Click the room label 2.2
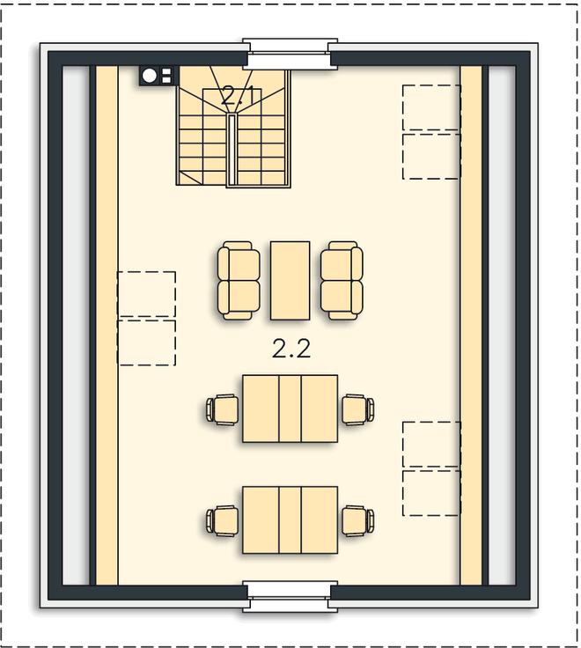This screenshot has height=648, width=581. [290, 350]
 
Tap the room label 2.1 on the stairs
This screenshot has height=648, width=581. [237, 96]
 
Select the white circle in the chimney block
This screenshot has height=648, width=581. [150, 76]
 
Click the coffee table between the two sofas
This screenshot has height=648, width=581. [290, 281]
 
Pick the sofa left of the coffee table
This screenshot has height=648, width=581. [239, 281]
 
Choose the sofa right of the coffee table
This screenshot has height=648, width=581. [342, 281]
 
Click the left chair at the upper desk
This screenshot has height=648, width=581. [223, 409]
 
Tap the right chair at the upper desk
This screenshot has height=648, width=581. [358, 409]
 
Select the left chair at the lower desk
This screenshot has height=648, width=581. [223, 520]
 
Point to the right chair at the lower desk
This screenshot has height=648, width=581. [358, 520]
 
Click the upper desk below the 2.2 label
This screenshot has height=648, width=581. [290, 409]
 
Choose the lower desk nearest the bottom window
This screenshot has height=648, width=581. [290, 519]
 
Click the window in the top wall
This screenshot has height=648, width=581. [290, 54]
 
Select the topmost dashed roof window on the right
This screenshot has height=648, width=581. [431, 107]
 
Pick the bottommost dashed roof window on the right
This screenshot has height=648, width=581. [431, 493]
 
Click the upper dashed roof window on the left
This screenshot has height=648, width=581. [147, 294]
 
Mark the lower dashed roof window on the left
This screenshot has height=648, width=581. [147, 343]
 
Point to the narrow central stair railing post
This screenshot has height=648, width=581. [232, 149]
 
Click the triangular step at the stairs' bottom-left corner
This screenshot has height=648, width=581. [188, 178]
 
